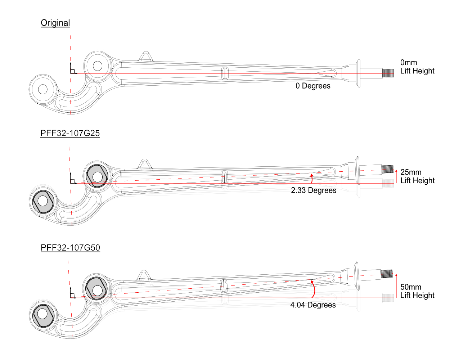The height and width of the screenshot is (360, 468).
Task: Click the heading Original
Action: point(55,23)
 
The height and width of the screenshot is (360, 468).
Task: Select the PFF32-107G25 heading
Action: point(70,133)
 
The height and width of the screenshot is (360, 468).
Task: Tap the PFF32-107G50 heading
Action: point(70,248)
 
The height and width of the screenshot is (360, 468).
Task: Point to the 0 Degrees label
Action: point(313,86)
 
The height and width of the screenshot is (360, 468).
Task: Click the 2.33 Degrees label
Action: point(314,190)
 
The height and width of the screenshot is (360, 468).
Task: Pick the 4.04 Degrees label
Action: point(313,305)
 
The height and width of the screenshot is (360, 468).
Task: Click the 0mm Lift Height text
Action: point(417,67)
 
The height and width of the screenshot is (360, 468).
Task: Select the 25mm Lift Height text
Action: point(417,176)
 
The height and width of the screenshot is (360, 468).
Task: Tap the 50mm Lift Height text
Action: point(417,291)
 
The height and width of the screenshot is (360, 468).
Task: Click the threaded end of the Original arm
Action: point(388,73)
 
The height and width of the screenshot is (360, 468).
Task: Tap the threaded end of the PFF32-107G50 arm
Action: point(386,274)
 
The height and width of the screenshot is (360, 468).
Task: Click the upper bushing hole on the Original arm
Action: point(98,66)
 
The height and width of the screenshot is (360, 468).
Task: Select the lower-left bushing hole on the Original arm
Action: point(43,89)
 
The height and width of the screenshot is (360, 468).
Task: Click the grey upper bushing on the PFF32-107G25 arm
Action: point(97,176)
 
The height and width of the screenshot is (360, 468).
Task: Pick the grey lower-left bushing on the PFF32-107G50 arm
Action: point(43,314)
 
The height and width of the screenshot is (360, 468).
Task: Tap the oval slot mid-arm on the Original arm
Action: point(225,73)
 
